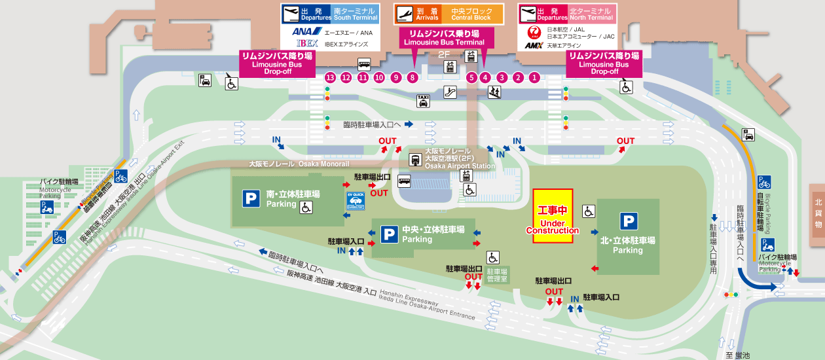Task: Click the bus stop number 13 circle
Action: [x=330, y=77]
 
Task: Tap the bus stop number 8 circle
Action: [x=412, y=77]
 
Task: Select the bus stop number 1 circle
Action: [x=534, y=77]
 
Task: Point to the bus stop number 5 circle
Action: [x=471, y=77]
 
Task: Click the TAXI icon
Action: [x=424, y=100]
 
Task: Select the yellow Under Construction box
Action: [x=553, y=216]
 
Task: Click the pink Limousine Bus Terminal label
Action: [x=444, y=37]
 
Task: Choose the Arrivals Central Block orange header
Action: [x=449, y=14]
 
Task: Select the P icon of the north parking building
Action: [x=629, y=222]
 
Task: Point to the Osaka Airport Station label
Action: [x=456, y=159]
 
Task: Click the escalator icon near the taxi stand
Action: [x=450, y=92]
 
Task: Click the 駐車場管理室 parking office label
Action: [x=498, y=275]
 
